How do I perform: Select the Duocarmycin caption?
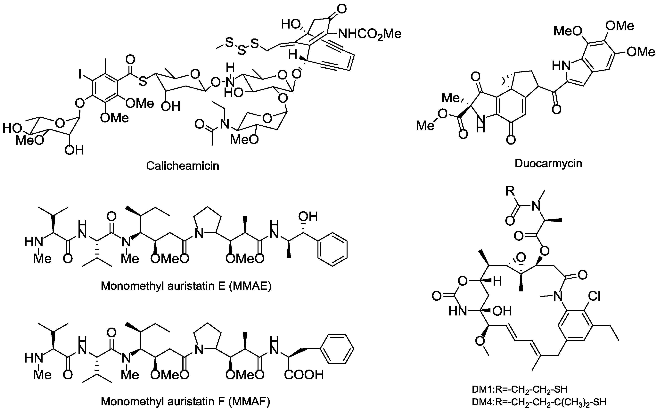[548, 163]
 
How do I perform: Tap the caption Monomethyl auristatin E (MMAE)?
[186, 286]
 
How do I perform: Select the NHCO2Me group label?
[369, 34]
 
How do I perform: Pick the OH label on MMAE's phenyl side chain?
[308, 216]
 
